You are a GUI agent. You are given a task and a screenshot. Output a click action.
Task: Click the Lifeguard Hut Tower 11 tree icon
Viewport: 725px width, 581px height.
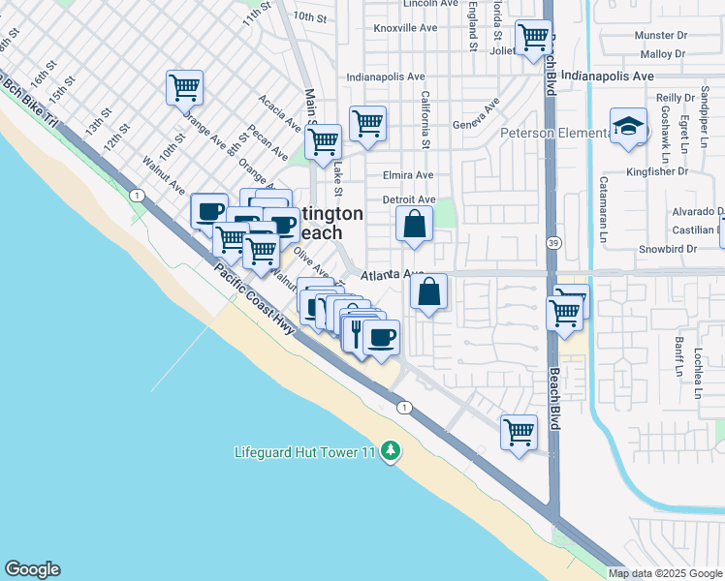(x=390, y=451)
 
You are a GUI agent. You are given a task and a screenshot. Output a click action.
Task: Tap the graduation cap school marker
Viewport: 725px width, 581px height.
(x=628, y=126)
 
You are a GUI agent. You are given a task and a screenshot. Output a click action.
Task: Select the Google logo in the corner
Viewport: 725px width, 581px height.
(x=32, y=569)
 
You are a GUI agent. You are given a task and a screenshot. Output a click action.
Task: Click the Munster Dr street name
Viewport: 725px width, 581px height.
(x=660, y=36)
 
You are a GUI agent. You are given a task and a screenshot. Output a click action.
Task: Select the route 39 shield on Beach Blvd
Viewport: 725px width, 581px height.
(x=552, y=241)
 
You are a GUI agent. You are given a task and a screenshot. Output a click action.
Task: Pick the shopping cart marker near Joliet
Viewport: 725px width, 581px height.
(x=533, y=38)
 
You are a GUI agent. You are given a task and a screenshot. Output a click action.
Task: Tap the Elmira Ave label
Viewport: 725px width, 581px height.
(x=407, y=176)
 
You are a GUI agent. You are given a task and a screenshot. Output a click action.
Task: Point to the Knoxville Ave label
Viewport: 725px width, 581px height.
(x=405, y=28)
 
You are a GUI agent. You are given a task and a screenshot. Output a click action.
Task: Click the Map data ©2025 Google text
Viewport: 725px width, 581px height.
(x=666, y=573)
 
